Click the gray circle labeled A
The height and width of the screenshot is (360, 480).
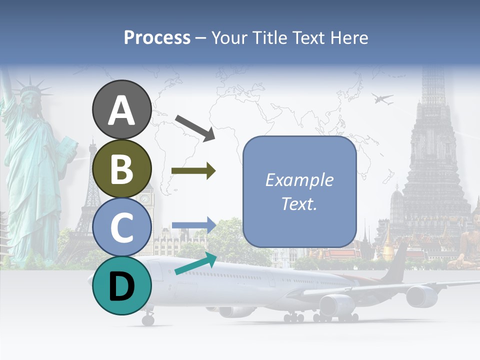click(121, 109)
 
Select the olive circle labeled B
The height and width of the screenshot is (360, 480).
click(121, 168)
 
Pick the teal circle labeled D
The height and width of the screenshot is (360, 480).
click(121, 285)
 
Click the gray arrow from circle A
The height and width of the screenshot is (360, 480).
click(194, 127)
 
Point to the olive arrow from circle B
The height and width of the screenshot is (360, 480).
click(193, 171)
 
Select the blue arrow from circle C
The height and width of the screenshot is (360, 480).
click(193, 225)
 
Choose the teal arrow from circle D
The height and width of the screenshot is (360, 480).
click(195, 264)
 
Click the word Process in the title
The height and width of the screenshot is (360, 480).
click(157, 38)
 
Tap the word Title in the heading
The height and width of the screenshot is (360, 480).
click(269, 38)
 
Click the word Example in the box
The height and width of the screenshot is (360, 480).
click(299, 180)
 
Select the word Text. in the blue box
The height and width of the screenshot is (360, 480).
click(299, 203)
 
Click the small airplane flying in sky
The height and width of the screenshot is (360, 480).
click(382, 99)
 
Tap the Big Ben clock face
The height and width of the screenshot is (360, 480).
click(145, 198)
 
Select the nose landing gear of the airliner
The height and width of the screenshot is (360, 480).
click(148, 318)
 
